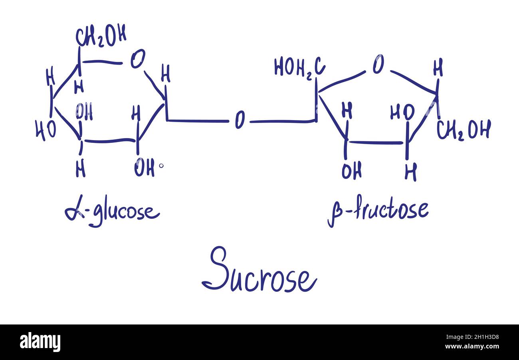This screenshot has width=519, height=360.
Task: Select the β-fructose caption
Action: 378,210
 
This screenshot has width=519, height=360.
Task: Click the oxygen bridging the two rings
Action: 240,120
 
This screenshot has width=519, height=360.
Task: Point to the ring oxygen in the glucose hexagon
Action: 138,59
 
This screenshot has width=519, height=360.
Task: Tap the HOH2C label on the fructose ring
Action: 299,67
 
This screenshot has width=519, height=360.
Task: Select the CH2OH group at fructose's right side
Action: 463,130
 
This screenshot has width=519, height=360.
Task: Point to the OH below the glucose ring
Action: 144,168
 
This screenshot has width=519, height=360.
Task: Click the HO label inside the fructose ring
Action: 402,113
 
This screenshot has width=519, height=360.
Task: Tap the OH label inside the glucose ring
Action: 84,111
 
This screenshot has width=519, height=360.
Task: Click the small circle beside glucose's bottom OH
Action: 161,166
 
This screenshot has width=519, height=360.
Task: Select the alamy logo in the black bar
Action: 40,342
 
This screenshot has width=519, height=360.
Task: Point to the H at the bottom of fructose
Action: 410,172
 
